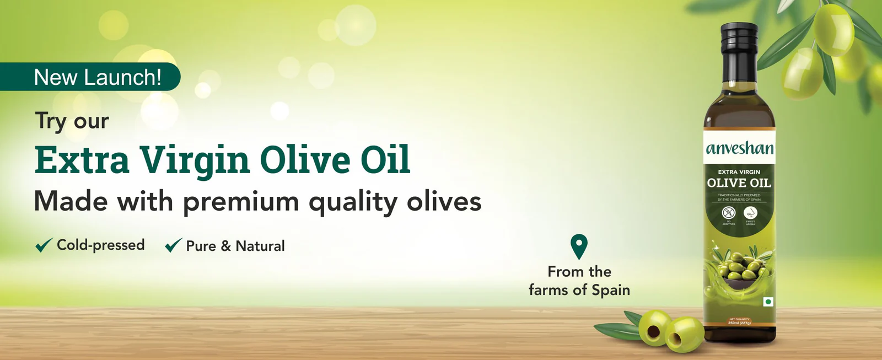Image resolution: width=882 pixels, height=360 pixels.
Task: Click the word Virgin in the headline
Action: coord(194,160)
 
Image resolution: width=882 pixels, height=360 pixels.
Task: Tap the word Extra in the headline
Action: coord(82,160)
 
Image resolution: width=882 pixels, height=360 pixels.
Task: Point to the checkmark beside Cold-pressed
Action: coord(44,245)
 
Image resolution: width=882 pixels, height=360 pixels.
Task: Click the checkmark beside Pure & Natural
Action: coord(174,245)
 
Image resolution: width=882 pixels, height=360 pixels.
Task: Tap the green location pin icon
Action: coord(579,245)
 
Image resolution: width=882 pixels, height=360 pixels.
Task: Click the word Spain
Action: coord(610,290)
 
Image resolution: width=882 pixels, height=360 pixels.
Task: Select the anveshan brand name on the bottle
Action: coord(739,148)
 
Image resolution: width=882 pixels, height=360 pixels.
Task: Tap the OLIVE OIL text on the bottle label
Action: coord(739,183)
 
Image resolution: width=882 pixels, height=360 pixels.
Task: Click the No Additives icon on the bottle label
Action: coord(729,213)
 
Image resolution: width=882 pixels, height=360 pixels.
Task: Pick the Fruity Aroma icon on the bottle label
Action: coord(750,213)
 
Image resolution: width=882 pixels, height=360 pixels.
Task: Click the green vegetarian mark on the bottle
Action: coord(768,302)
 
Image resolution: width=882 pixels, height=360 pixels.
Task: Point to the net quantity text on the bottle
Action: coord(739,321)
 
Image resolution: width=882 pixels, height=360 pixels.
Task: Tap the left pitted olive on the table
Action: coord(654,329)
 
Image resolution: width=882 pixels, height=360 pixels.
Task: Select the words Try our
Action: coord(72,121)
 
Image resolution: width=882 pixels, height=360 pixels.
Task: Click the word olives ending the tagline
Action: coord(444,202)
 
